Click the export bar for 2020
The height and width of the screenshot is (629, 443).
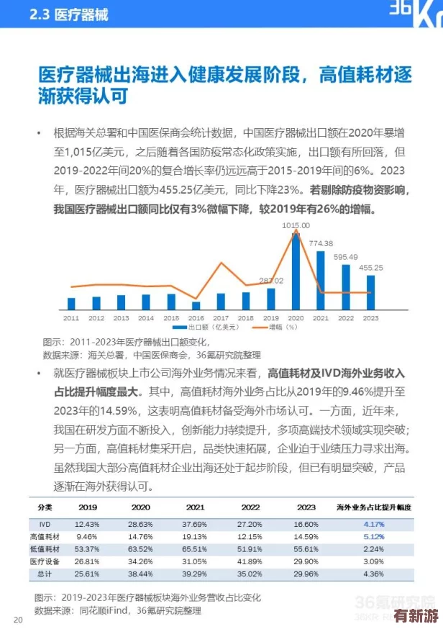[x=295, y=271]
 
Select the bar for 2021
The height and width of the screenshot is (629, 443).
[x=320, y=281]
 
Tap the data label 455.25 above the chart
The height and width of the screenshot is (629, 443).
[x=371, y=268]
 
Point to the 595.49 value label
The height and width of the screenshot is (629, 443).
[x=346, y=257]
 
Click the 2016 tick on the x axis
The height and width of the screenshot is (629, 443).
[x=196, y=317]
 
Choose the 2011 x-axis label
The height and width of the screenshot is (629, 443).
[x=71, y=317]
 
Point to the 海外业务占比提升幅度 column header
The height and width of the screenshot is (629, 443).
[x=374, y=507]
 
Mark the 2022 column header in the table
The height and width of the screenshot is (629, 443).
[x=250, y=507]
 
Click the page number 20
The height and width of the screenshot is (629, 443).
[x=17, y=620]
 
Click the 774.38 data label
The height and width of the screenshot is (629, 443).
[x=321, y=243]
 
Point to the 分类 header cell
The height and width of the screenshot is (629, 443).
[x=44, y=507]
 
